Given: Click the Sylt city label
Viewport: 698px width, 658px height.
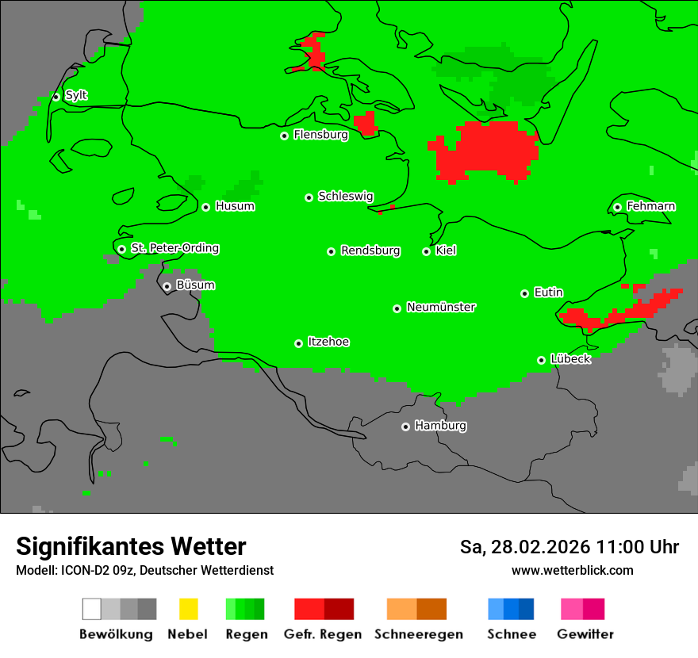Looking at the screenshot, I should [76, 96].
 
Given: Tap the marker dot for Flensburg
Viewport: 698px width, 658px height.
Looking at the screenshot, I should [284, 136].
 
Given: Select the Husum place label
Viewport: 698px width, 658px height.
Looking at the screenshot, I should [235, 207].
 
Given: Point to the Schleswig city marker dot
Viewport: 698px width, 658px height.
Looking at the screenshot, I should [309, 197].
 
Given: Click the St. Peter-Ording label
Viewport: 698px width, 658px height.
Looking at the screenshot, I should [174, 249].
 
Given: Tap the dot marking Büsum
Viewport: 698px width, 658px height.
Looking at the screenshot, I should [167, 286].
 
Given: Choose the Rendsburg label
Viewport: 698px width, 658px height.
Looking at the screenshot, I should [370, 251].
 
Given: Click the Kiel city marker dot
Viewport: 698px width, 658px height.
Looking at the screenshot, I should [426, 251].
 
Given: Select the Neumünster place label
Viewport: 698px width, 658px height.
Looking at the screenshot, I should [441, 308].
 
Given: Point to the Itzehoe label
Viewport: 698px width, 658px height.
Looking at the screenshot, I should [328, 342].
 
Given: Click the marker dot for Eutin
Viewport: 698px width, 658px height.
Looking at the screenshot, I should [524, 293].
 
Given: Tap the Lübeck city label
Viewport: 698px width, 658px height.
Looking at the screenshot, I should [570, 360].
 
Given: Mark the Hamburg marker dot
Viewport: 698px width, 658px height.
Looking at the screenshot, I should [405, 427].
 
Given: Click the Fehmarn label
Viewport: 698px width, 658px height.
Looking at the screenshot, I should [650, 207].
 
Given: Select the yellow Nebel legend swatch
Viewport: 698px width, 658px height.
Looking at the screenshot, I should [188, 609].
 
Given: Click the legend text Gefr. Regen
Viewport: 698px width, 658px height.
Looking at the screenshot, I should [323, 634].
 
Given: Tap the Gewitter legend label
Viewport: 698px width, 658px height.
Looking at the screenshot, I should [585, 634].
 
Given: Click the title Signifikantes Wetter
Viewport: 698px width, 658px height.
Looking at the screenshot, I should [131, 547].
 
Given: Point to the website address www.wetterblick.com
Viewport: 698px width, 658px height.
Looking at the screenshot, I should [572, 570].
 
